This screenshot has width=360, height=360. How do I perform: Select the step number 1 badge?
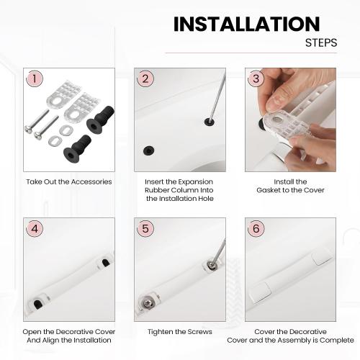click(x=33, y=78)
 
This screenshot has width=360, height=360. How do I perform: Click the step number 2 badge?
click(x=145, y=78)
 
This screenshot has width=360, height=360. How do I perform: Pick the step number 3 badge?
click(x=255, y=78)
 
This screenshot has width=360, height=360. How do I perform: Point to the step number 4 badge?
click(x=33, y=228)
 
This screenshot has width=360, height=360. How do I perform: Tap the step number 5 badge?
click(x=145, y=228)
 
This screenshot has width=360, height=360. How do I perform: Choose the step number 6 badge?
click(x=255, y=228)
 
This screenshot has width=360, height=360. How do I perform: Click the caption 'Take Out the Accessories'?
click(x=68, y=181)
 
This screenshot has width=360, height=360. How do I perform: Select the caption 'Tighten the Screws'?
click(x=180, y=331)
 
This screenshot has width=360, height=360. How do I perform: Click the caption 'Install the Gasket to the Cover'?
click(x=290, y=186)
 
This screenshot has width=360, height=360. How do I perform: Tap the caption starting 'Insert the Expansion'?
click(x=180, y=189)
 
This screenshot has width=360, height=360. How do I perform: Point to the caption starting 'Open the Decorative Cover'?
click(x=69, y=336)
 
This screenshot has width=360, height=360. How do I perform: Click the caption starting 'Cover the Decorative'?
click(x=290, y=336)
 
